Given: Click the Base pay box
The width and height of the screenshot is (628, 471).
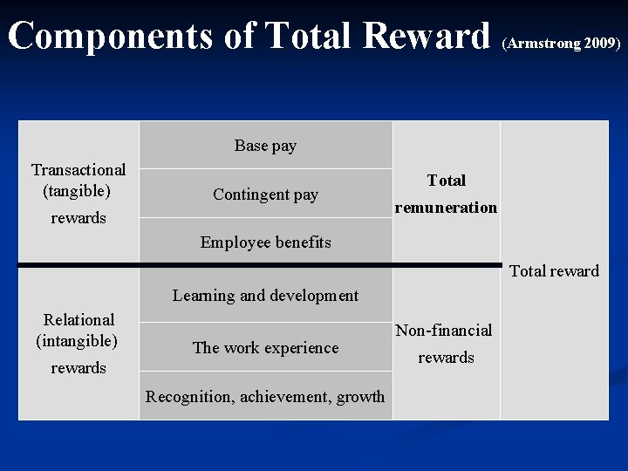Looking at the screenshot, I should (265, 146).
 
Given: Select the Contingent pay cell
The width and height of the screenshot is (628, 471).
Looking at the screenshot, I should (265, 195).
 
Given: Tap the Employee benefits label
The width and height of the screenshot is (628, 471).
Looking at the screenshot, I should (265, 242).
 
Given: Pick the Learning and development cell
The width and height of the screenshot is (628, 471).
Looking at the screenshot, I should (265, 295).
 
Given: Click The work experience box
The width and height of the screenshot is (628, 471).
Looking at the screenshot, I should (265, 347).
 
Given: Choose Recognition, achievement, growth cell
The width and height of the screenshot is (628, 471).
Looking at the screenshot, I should (265, 396).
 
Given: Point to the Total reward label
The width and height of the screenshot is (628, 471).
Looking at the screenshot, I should (554, 270).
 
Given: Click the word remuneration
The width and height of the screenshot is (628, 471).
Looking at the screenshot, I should (446, 208).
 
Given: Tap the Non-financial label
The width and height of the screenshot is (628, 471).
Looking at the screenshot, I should (444, 330).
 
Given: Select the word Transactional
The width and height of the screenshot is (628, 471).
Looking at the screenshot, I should (78, 169).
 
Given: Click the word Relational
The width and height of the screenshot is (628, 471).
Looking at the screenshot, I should (78, 319).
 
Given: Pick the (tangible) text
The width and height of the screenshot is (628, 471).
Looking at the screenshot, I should (78, 189).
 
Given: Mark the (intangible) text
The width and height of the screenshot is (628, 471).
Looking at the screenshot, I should (77, 339).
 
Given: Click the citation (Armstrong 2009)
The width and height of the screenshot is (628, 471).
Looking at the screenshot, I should (562, 42).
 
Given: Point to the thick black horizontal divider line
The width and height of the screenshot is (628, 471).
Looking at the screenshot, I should (262, 264).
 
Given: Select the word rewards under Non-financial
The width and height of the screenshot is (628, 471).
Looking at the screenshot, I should (446, 357).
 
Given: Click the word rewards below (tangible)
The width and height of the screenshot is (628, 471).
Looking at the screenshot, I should (78, 217).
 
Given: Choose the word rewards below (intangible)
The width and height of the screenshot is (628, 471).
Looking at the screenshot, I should (78, 367).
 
